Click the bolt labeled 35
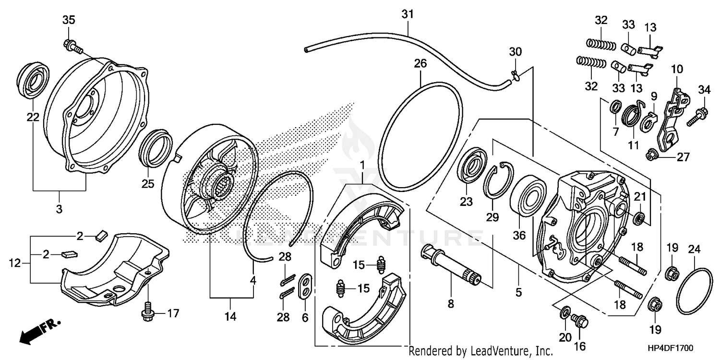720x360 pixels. (x=72, y=46)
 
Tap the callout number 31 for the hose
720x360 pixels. (x=407, y=14)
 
